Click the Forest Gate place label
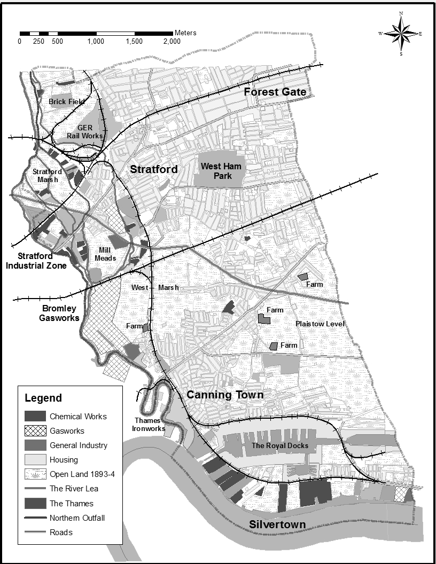(x=275, y=92)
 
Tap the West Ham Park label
(x=221, y=171)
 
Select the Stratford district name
(x=154, y=170)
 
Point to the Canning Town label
(x=225, y=395)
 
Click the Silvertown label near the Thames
(x=277, y=524)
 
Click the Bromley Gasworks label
(x=59, y=313)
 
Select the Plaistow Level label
(x=320, y=324)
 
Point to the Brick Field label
(x=67, y=101)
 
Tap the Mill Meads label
(x=105, y=254)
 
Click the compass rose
(x=400, y=33)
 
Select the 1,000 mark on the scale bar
(x=96, y=42)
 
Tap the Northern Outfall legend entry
(x=78, y=518)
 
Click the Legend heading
(x=43, y=398)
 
